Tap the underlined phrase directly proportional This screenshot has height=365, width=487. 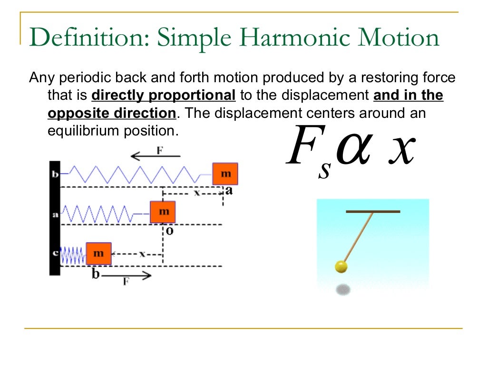click(163, 96)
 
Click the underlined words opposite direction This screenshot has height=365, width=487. click(111, 114)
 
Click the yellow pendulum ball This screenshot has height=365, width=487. click(341, 267)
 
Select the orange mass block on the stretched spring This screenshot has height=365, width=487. click(225, 174)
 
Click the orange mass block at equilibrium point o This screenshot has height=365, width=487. click(163, 212)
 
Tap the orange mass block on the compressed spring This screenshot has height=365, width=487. click(98, 253)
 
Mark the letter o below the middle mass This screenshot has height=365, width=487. click(169, 231)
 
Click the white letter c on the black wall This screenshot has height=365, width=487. click(55, 253)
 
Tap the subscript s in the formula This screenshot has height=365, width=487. click(324, 170)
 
